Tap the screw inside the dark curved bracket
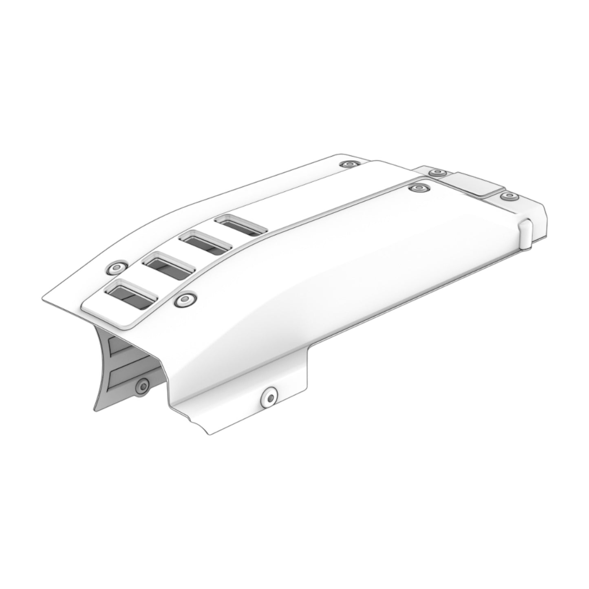pyautogui.click(x=143, y=385)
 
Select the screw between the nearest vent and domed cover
pyautogui.click(x=185, y=300)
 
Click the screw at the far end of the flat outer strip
pyautogui.click(x=350, y=164)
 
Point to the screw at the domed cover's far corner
pyautogui.click(x=419, y=188)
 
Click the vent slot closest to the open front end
pyautogui.click(x=131, y=294)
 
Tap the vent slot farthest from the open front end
pyautogui.click(x=241, y=225)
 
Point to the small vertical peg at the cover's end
pyautogui.click(x=525, y=233)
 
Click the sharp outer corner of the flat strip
pyautogui.click(x=44, y=301)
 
